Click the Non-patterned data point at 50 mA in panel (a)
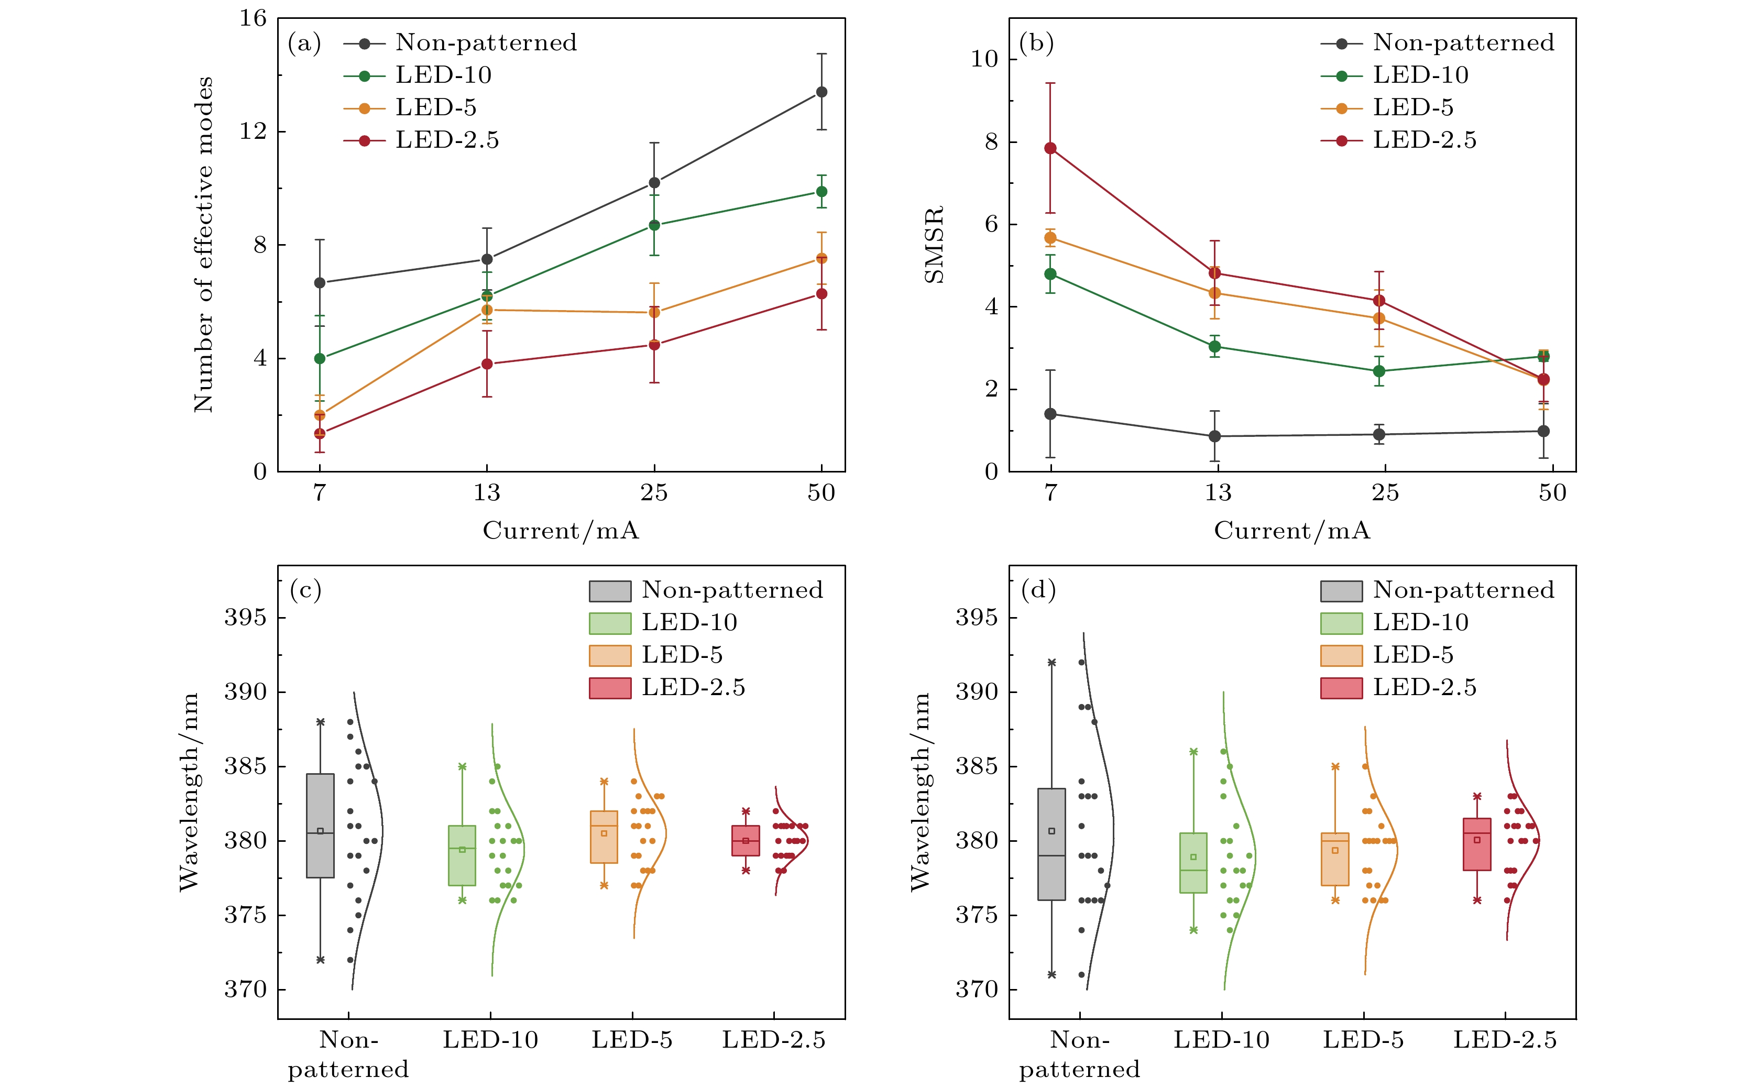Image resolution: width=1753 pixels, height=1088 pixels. click(x=821, y=92)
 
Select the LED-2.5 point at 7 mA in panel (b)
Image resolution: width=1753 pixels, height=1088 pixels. click(x=1050, y=148)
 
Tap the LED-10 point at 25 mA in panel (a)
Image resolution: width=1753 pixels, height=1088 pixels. click(x=654, y=225)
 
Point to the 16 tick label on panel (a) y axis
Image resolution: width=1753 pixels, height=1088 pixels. click(x=253, y=19)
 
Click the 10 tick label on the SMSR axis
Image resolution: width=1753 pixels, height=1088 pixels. click(x=984, y=59)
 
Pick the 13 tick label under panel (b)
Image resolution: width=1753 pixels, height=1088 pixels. click(x=1218, y=493)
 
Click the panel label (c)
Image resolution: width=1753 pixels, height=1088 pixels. click(x=305, y=590)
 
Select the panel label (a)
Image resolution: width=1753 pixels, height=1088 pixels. click(x=304, y=43)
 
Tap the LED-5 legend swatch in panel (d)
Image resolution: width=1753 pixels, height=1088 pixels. click(x=1341, y=655)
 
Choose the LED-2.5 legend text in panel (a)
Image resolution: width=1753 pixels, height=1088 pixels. click(x=447, y=140)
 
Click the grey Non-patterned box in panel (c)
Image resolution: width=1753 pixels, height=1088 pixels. click(x=320, y=826)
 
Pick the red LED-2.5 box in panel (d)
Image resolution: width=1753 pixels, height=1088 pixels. click(x=1477, y=844)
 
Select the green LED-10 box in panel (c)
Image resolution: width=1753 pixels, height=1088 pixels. click(x=462, y=855)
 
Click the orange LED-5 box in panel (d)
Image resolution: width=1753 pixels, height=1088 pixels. click(x=1335, y=859)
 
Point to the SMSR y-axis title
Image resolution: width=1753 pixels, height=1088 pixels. click(x=934, y=245)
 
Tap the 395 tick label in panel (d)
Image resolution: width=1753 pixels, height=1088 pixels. click(x=977, y=618)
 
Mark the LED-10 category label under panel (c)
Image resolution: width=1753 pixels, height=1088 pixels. click(x=490, y=1040)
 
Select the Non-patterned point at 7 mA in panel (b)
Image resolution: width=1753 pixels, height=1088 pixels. click(x=1050, y=414)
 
